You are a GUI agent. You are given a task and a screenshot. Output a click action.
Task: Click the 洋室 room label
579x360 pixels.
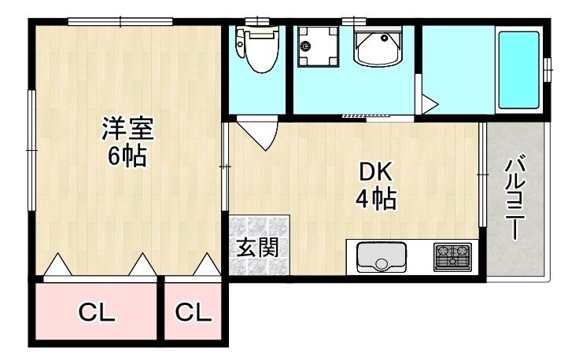coord(125,128)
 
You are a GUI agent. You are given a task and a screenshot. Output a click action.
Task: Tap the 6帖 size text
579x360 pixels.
coord(125,156)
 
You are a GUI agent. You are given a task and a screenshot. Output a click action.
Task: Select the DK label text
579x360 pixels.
coord(374,172)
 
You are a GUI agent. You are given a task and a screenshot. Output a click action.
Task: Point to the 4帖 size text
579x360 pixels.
coord(374,200)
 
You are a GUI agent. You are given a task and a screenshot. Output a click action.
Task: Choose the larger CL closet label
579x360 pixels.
coord(96,313)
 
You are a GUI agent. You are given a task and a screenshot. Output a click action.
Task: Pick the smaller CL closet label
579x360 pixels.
coord(194,313)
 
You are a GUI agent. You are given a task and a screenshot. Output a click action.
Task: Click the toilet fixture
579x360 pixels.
coord(256,50)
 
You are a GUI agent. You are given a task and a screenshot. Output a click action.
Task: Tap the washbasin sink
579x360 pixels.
coord(378,48)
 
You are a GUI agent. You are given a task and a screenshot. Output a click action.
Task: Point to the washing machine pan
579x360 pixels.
coord(316,46)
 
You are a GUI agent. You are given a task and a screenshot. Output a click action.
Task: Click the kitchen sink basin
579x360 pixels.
coord(382,256)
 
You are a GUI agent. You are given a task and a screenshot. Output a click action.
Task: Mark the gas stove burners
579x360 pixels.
coord(452,255)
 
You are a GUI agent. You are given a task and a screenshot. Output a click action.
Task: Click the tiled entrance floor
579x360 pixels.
coord(260,244)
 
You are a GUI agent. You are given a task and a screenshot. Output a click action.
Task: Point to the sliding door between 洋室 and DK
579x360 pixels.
coord(226,167)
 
